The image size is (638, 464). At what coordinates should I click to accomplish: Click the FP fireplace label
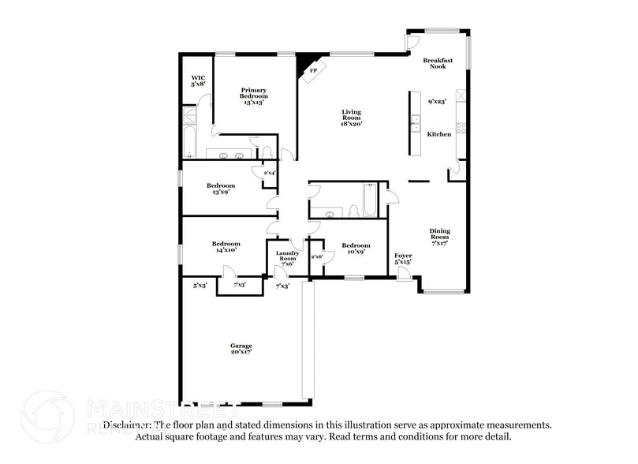pyautogui.click(x=313, y=71)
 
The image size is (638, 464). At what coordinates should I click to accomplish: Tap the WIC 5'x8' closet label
pyautogui.click(x=198, y=80)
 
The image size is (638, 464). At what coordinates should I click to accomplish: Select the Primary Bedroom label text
pyautogui.click(x=254, y=95)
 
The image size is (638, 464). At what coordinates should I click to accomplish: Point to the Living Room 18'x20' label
pyautogui.click(x=351, y=118)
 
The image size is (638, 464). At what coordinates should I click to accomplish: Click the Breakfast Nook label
pyautogui.click(x=438, y=63)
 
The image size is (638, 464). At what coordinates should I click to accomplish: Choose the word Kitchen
pyautogui.click(x=439, y=134)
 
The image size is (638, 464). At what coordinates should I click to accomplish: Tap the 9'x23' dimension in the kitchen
pyautogui.click(x=437, y=101)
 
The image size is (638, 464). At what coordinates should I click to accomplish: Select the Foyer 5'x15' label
pyautogui.click(x=403, y=259)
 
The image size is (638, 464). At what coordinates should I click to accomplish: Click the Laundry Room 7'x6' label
pyautogui.click(x=288, y=258)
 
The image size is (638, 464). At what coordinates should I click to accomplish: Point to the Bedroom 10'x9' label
pyautogui.click(x=356, y=249)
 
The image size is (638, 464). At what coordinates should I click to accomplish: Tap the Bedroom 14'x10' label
pyautogui.click(x=226, y=248)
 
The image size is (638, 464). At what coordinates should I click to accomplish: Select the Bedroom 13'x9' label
pyautogui.click(x=221, y=189)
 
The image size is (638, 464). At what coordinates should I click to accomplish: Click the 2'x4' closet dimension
pyautogui.click(x=270, y=173)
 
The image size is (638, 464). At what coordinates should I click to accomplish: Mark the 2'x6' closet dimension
pyautogui.click(x=317, y=256)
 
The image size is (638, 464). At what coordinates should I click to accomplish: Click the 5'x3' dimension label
pyautogui.click(x=200, y=285)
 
